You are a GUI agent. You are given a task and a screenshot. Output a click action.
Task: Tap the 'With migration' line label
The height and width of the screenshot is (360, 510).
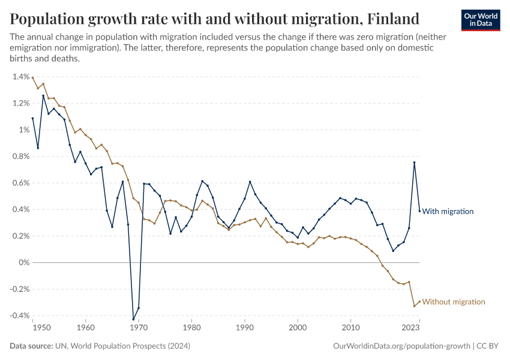coord(448,211)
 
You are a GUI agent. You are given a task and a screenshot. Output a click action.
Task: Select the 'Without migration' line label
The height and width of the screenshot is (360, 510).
coord(453,302)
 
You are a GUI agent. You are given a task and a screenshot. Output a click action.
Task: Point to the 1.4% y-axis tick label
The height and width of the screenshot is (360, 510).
coord(20,77)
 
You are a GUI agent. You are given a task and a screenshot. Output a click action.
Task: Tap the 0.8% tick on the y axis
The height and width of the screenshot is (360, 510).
coord(20,157)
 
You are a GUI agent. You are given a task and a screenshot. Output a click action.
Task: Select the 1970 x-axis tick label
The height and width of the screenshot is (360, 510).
coord(139,328)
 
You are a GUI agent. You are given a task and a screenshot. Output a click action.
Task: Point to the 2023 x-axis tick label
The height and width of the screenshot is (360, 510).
coord(410,328)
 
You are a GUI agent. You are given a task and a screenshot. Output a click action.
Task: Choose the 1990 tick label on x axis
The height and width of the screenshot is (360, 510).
coord(245,328)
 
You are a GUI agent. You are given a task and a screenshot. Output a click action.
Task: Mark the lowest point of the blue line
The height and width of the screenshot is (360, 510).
coord(133,319)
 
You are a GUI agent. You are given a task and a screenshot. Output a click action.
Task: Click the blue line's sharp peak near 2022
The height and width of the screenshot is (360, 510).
coord(414,163)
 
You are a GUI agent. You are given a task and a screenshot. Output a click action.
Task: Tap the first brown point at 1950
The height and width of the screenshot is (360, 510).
coord(33,77)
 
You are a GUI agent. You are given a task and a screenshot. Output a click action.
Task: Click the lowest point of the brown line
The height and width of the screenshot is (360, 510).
coord(414,306)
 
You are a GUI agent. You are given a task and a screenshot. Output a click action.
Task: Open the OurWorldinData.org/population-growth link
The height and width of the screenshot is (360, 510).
coord(401,347)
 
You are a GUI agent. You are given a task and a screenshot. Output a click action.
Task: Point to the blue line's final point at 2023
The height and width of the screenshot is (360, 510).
coord(419,211)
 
